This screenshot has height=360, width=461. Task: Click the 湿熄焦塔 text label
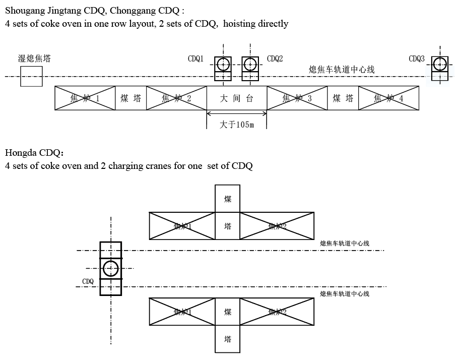coord(34,59)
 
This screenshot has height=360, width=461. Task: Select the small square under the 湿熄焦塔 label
coord(31,76)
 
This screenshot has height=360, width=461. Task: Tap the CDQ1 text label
coord(195,59)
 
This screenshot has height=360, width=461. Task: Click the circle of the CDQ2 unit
coord(250,64)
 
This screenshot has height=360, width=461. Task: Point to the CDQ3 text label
coord(416,59)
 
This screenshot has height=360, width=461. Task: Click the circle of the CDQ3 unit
coord(440,64)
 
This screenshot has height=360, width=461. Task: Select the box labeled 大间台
coord(237,98)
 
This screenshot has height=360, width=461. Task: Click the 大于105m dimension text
coord(237,125)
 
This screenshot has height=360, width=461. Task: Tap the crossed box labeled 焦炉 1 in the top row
coord(85,98)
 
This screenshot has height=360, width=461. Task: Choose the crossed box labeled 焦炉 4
coord(388,98)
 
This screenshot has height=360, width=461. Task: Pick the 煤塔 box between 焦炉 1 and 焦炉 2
coord(131,98)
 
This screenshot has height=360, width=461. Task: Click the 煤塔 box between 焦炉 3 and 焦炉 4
coord(343,98)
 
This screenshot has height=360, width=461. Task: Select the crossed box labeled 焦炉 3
coord(297,98)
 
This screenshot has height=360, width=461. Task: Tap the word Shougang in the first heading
coord(24,10)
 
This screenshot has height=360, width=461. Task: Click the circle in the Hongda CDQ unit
coord(110,268)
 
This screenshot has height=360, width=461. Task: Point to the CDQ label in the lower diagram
coord(88,281)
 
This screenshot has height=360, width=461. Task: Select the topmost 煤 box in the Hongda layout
coord(228,199)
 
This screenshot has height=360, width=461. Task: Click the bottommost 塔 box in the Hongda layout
coord(228,339)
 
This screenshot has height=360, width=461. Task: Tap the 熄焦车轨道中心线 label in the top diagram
coord(342,70)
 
